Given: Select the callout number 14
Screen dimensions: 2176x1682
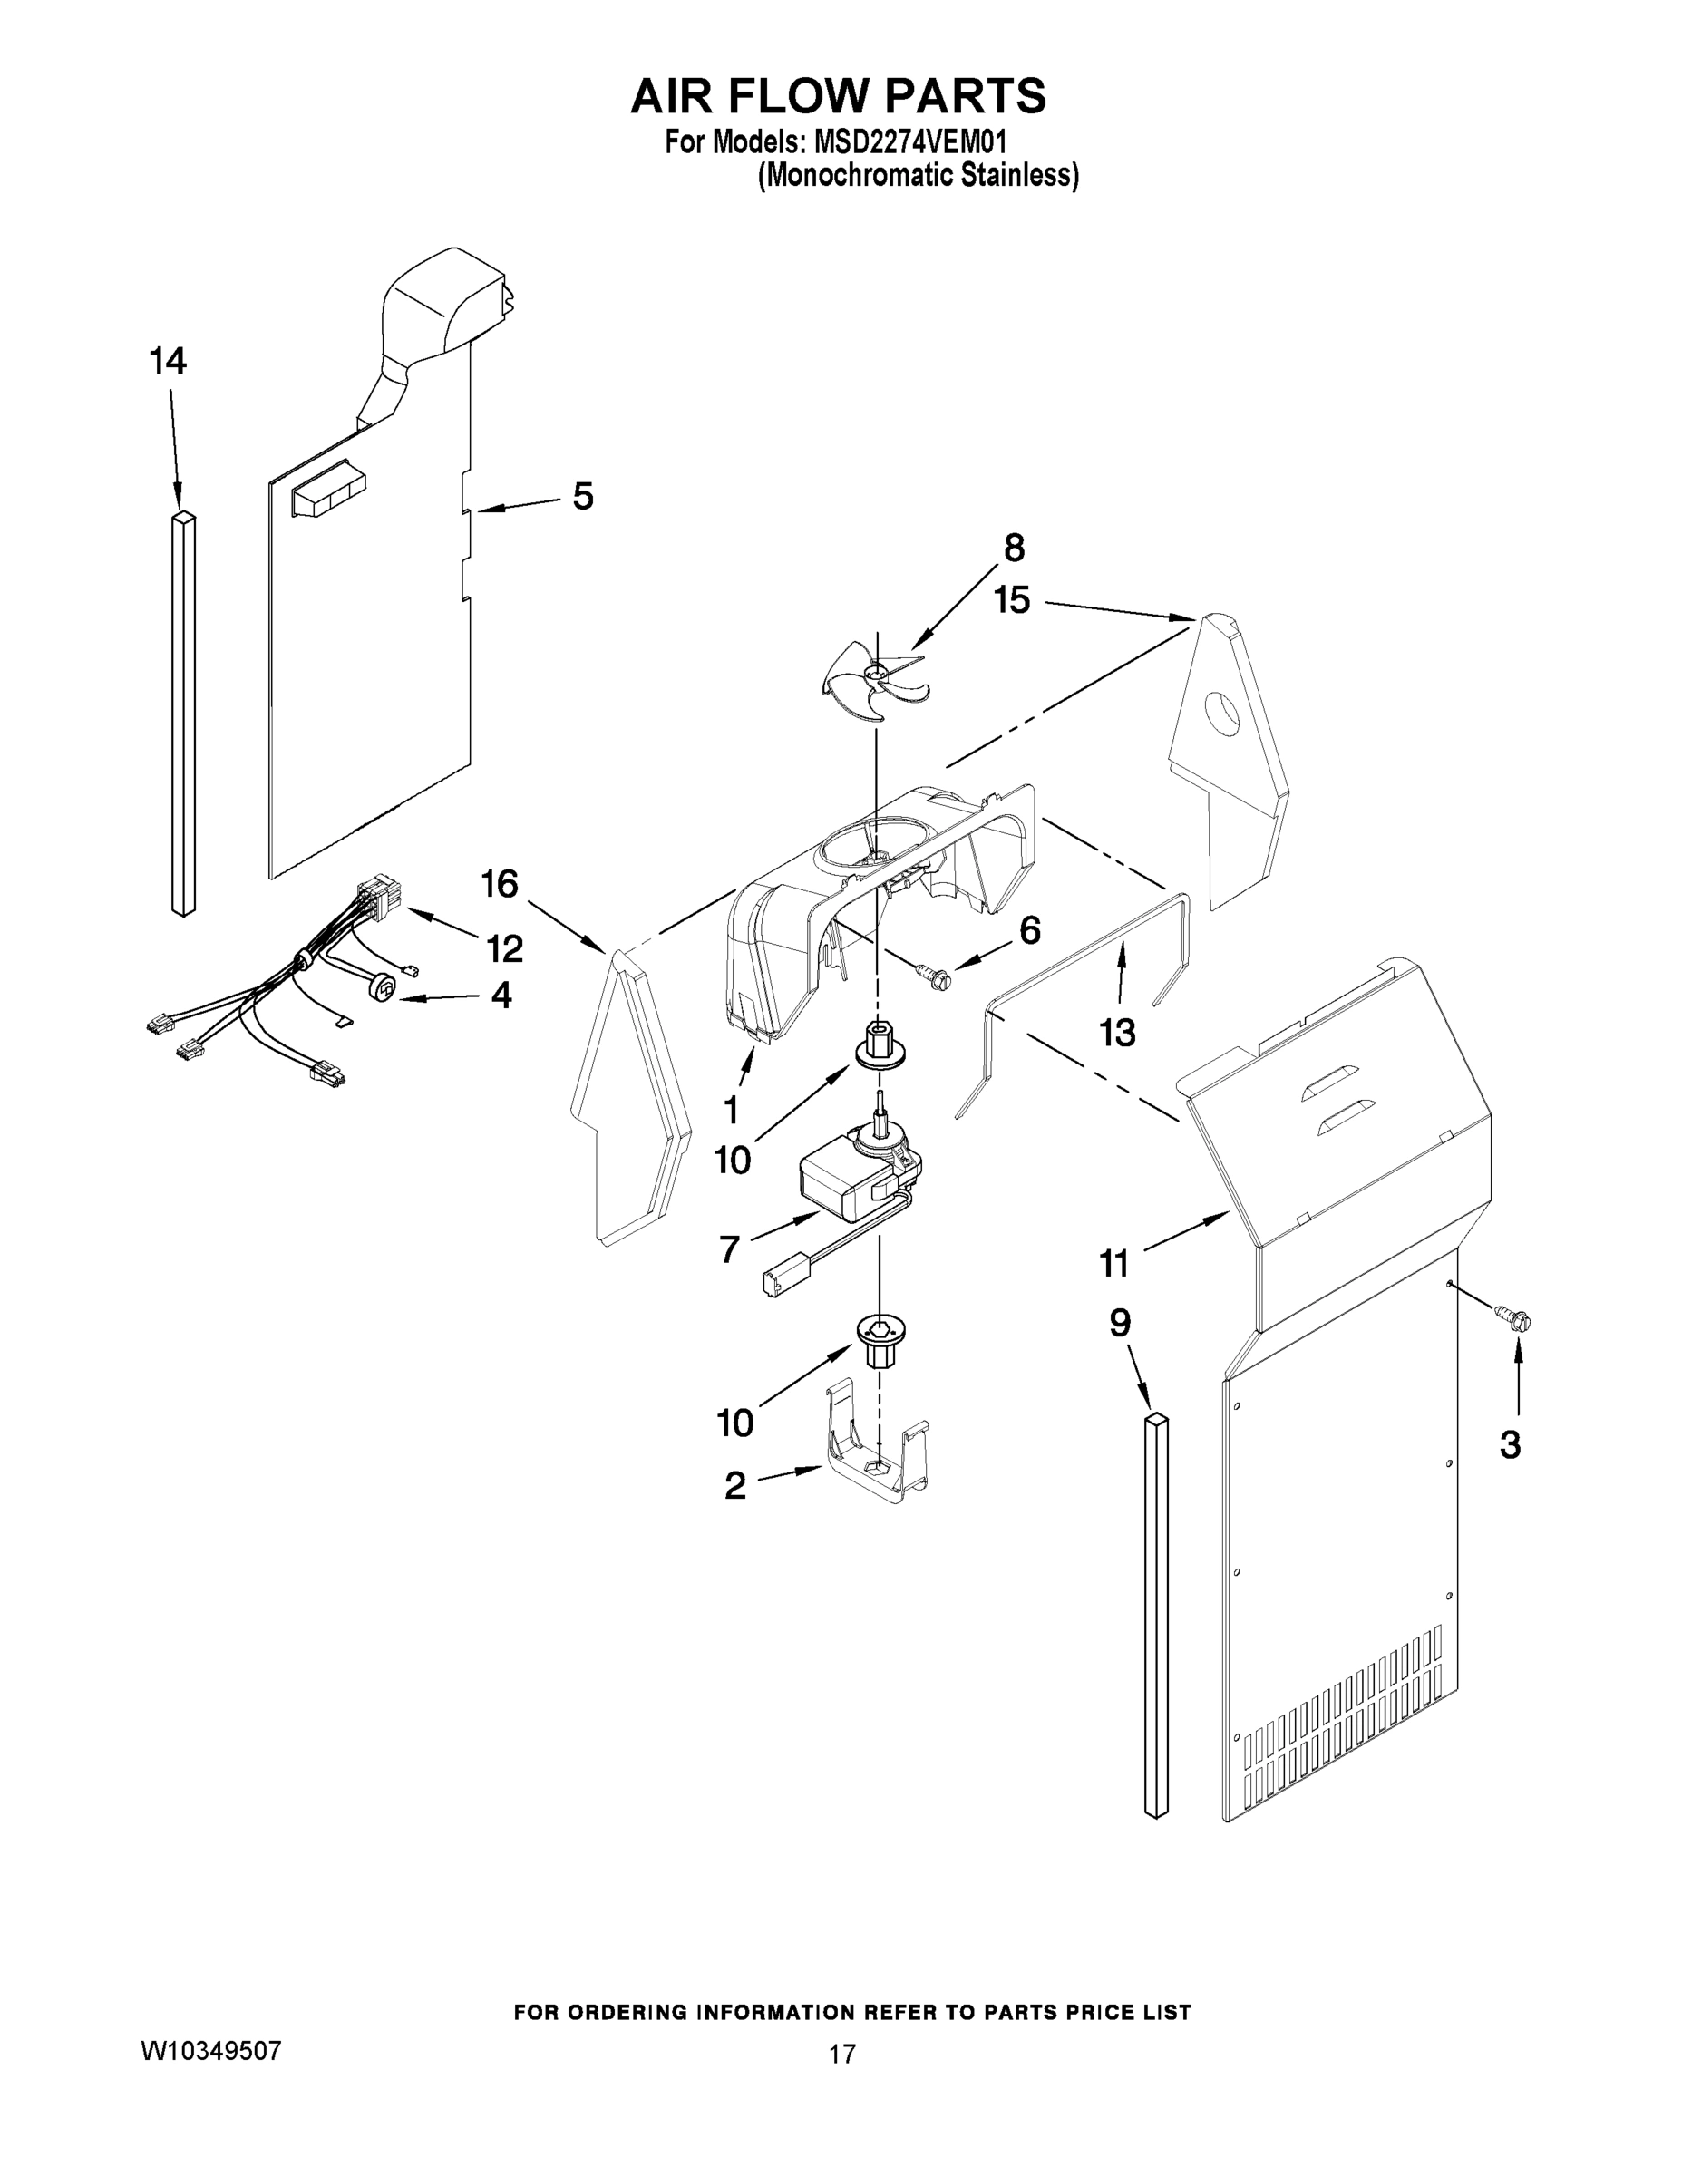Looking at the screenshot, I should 168,362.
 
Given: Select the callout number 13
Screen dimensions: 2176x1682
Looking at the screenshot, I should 1117,1034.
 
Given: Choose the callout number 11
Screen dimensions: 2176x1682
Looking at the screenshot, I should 1114,1263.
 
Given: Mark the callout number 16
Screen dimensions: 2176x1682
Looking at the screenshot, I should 500,883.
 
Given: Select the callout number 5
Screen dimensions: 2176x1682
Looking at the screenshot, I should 583,496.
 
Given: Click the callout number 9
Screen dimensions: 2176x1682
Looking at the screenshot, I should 1120,1323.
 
